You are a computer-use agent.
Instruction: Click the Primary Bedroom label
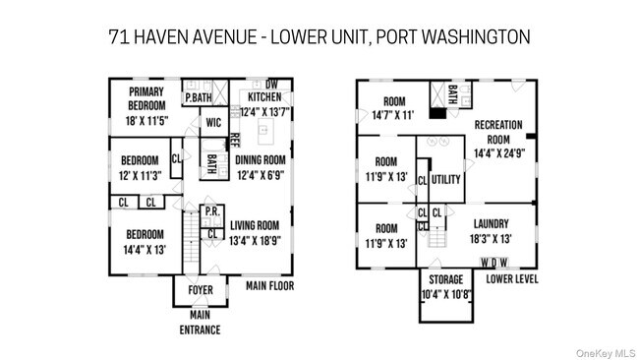pos(145,98)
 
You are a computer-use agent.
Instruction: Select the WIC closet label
pos(212,123)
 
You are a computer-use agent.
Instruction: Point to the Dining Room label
pos(261,160)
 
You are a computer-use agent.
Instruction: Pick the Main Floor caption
pos(269,286)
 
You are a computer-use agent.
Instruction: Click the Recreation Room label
pos(499,132)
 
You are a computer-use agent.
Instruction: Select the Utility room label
pos(445,179)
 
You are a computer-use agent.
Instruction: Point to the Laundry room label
pos(491,223)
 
